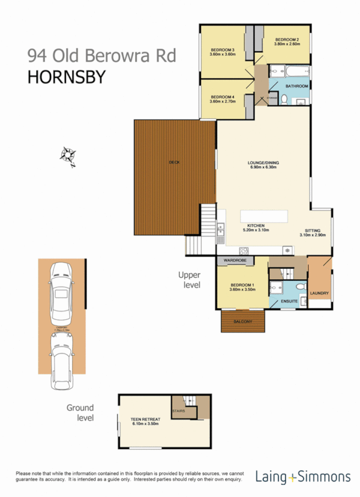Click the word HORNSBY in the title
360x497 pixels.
(x=66, y=77)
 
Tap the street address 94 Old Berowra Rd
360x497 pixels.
(x=102, y=55)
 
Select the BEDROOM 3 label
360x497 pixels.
(x=223, y=50)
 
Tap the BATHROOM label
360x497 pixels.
(x=297, y=86)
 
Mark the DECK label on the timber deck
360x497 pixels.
(x=174, y=162)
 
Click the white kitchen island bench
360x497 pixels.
(x=264, y=216)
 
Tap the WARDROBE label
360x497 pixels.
(x=235, y=261)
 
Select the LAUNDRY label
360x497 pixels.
(x=319, y=293)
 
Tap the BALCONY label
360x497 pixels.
(x=243, y=321)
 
